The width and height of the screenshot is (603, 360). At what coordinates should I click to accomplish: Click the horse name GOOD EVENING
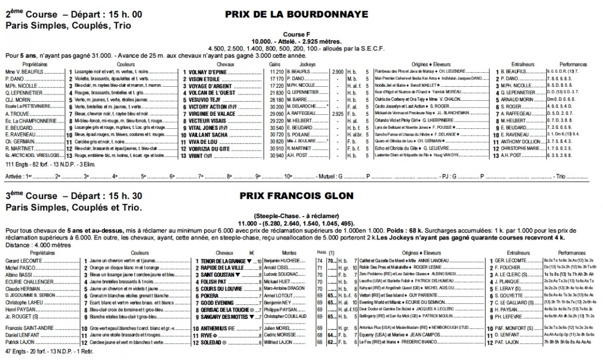tap(213, 302)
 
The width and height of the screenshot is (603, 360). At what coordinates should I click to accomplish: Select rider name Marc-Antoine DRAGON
tap(283, 288)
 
